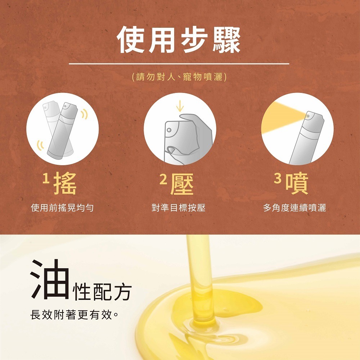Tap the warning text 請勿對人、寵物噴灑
click(179, 77)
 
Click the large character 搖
click(65, 184)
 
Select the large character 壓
click(182, 184)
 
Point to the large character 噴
click(297, 184)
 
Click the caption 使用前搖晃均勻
click(62, 208)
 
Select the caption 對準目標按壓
click(179, 208)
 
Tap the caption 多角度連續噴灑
click(294, 208)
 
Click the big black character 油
click(50, 279)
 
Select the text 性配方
click(102, 291)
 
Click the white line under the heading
click(179, 64)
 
